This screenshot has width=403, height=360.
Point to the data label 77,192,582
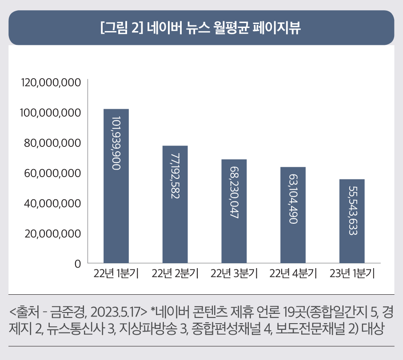pyautogui.click(x=175, y=176)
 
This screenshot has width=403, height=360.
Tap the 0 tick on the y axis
pyautogui.click(x=78, y=264)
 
